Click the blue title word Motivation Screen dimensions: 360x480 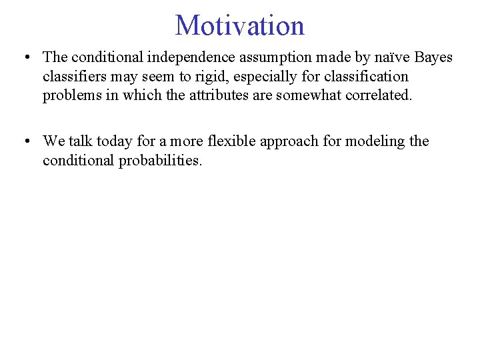click(239, 25)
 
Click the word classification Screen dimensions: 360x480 click(369, 77)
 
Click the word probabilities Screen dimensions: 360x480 click(160, 161)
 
